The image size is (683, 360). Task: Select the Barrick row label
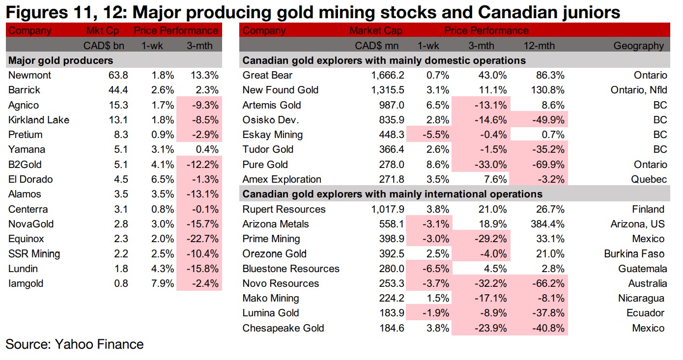click(x=24, y=90)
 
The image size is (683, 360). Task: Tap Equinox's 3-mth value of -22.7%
click(x=202, y=239)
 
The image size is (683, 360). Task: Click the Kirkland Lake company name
click(x=39, y=120)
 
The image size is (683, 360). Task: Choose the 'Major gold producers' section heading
click(x=61, y=60)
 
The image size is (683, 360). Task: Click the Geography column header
click(x=638, y=46)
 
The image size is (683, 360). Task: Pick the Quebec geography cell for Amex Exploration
click(x=650, y=179)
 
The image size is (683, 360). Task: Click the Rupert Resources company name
click(x=284, y=209)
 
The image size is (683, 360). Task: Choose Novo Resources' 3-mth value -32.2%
click(x=489, y=283)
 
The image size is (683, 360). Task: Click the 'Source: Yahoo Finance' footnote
click(x=75, y=344)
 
